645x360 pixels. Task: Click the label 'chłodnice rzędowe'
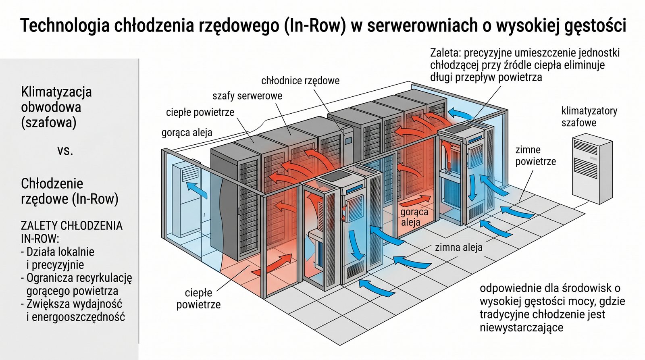[300, 81]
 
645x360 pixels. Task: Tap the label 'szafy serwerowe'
[247, 96]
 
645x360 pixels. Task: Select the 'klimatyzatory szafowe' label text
[589, 117]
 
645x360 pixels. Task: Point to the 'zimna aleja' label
[458, 247]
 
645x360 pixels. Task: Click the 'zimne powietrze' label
[535, 156]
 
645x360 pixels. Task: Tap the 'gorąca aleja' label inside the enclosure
[414, 217]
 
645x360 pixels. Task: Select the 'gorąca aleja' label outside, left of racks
[187, 132]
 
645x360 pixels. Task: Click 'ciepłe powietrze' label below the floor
[198, 298]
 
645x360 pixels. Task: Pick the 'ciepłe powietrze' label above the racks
[200, 112]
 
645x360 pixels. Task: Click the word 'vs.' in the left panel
[65, 150]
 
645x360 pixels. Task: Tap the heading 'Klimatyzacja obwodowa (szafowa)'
[56, 107]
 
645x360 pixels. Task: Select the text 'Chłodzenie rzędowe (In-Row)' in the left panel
[69, 191]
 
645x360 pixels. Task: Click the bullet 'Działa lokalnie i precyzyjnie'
[58, 258]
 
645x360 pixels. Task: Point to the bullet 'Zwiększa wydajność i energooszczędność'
[73, 310]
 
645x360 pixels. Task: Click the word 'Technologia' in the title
[64, 26]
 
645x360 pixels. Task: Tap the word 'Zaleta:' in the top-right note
[445, 53]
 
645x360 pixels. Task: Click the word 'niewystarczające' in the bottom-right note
[521, 327]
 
